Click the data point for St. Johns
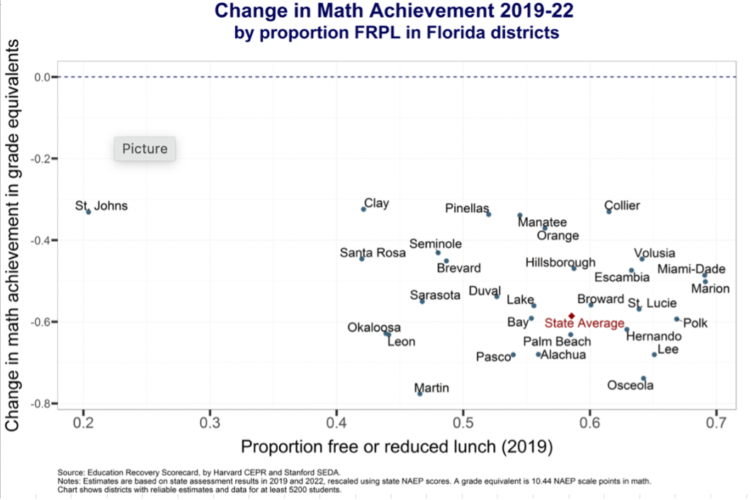coord(89,211)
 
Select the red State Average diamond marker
coord(572,316)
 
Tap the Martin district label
coord(431,388)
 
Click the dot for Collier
coord(609,211)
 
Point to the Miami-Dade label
coord(691,269)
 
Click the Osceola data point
coord(643,379)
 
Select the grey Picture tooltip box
coord(145,149)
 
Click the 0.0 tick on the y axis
coord(42,77)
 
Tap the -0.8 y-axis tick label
coord(40,404)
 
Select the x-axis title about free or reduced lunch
coord(397,447)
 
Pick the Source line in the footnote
coord(199,472)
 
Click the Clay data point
coord(363,209)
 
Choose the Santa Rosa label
coord(373,252)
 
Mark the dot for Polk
coord(677,319)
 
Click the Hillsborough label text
coord(560,262)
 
